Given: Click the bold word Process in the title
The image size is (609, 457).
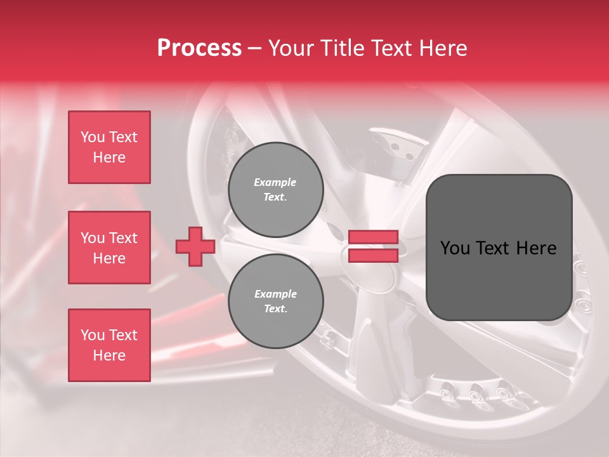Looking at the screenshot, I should pos(199,48).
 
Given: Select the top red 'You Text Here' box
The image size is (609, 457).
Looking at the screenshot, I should pos(109,147).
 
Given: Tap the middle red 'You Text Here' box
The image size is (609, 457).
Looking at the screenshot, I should pos(109,248).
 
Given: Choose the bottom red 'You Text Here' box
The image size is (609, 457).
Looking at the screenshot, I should pos(109,345).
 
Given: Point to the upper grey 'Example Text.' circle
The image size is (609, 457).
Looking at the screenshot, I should pos(275,190).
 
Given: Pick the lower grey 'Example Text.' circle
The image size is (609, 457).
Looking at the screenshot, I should pos(275,301).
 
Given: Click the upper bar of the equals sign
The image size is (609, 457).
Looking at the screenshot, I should pos(373,237).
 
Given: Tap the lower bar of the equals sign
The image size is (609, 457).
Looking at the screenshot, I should pos(373,255).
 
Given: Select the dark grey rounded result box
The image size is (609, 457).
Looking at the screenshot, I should pos(499,248).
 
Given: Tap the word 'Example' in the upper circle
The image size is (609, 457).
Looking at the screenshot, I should pos(275,182).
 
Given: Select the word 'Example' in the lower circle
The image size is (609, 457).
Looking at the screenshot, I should pos(275,294).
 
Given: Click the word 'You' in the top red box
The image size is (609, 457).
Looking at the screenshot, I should pos(93,137).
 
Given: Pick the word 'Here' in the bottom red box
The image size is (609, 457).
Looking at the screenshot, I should pos(109,355).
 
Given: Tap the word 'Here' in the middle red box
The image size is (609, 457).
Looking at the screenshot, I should pos(109,258).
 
